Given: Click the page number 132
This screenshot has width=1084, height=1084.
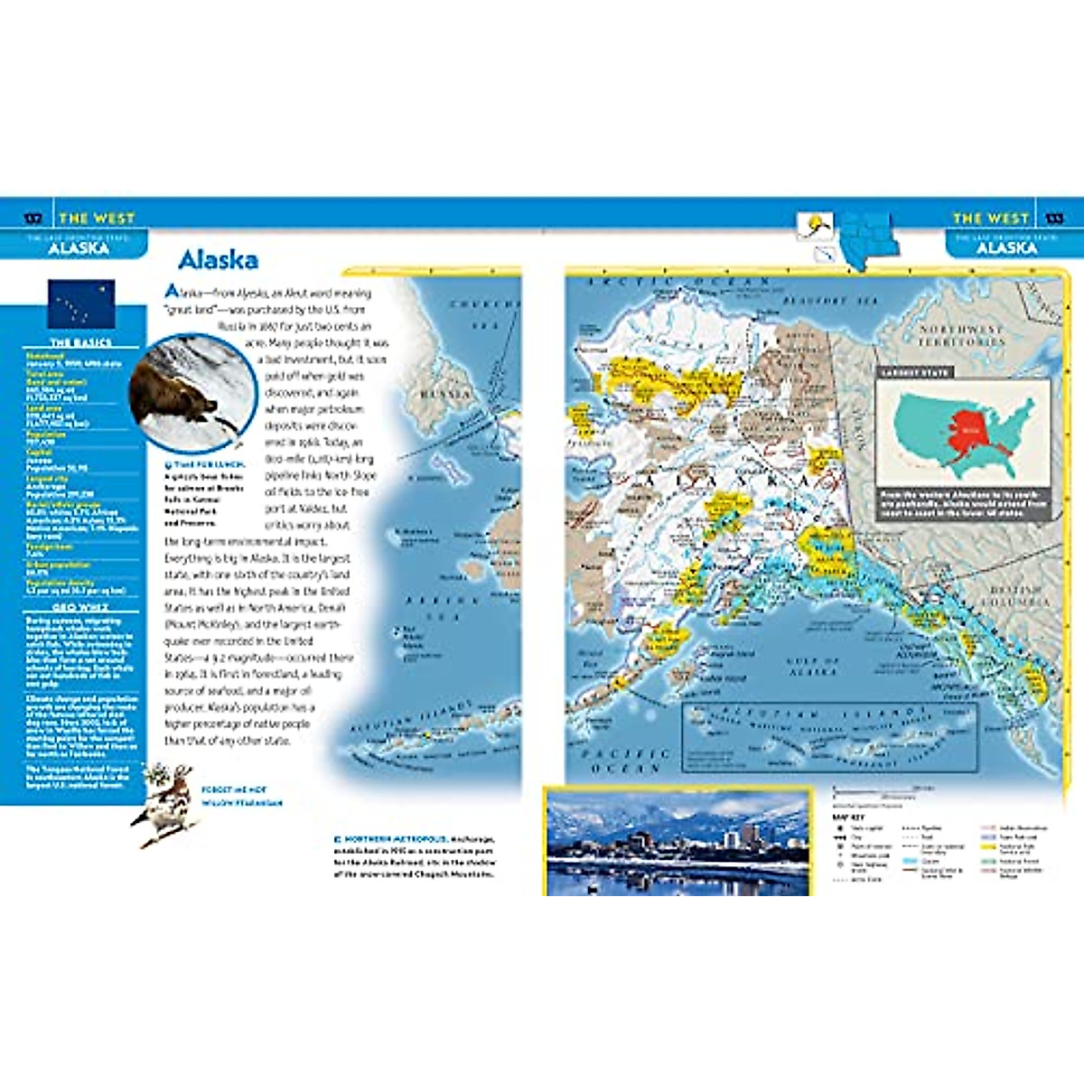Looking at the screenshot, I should point(33,218).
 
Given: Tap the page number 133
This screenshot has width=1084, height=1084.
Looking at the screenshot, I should point(1053,218).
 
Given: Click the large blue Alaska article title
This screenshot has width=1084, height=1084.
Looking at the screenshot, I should point(218,260).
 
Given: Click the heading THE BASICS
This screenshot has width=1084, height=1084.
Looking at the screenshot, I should point(81,343).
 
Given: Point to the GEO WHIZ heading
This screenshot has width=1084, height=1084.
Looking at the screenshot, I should point(81,608).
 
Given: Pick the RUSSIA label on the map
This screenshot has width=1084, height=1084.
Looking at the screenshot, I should point(445,394).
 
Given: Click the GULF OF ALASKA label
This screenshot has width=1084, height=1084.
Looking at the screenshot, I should point(814,667).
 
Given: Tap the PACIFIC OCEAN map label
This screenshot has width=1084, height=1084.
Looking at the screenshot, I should point(626,760).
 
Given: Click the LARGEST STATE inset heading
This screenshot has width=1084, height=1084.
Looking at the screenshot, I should point(913,372).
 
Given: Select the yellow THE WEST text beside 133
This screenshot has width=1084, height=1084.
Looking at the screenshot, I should point(990,218).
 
